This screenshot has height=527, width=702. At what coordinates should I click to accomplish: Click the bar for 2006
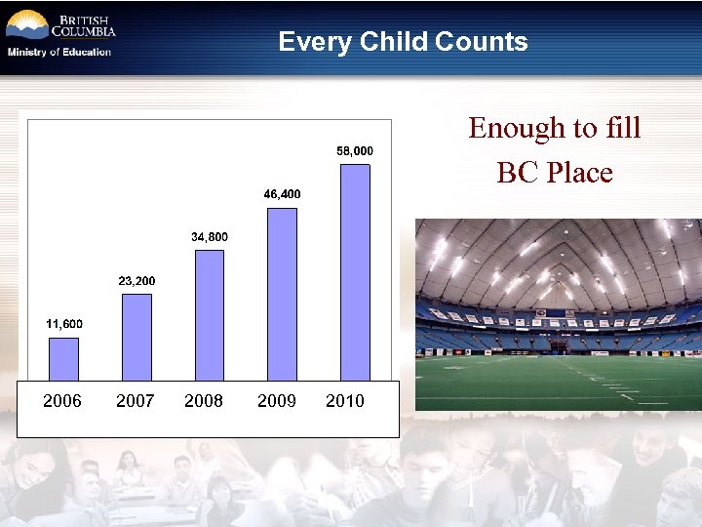(63, 358)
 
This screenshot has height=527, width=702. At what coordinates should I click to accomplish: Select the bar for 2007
(136, 337)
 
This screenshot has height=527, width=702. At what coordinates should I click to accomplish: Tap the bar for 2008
(210, 314)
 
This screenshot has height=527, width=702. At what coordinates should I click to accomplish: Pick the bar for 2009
(282, 293)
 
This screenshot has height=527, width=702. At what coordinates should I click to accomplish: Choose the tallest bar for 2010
(355, 271)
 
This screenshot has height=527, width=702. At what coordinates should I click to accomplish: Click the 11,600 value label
(64, 324)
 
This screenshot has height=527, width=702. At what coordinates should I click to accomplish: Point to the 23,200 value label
(136, 281)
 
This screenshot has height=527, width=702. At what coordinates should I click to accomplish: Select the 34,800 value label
(210, 237)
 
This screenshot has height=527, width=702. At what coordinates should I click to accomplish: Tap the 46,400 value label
(282, 194)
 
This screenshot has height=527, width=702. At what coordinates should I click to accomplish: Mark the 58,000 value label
(355, 151)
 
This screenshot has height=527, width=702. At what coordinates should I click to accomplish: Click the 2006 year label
(62, 401)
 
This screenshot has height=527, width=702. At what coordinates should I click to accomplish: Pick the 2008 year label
(204, 401)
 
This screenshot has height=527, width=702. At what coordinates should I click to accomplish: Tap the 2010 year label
(345, 401)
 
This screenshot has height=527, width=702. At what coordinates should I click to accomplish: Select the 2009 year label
(277, 401)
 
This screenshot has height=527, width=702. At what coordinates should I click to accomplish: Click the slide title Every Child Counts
(403, 42)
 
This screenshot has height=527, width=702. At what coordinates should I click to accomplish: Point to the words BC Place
(554, 173)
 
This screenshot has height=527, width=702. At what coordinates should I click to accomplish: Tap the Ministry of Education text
(59, 52)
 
